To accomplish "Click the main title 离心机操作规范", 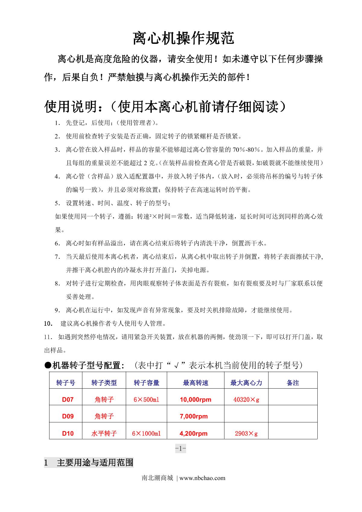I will [183, 38].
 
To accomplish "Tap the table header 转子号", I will [65, 383].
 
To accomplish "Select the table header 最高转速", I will [195, 383].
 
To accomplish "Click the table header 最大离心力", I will [246, 383].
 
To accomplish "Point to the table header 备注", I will [293, 383].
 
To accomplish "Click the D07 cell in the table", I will [68, 399].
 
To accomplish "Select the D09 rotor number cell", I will [68, 416].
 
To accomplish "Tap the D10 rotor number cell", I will [68, 434].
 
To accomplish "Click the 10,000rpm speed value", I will [195, 399].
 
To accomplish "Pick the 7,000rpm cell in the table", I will [194, 416].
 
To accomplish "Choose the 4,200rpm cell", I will [193, 434].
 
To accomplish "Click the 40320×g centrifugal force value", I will [246, 399].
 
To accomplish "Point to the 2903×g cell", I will [246, 434].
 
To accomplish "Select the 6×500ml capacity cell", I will [146, 399].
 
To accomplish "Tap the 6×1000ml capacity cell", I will [146, 434].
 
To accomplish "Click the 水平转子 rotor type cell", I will [104, 434].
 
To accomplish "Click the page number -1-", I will [180, 449].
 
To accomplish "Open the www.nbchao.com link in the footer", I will [202, 478].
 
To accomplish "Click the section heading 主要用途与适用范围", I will [95, 463].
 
